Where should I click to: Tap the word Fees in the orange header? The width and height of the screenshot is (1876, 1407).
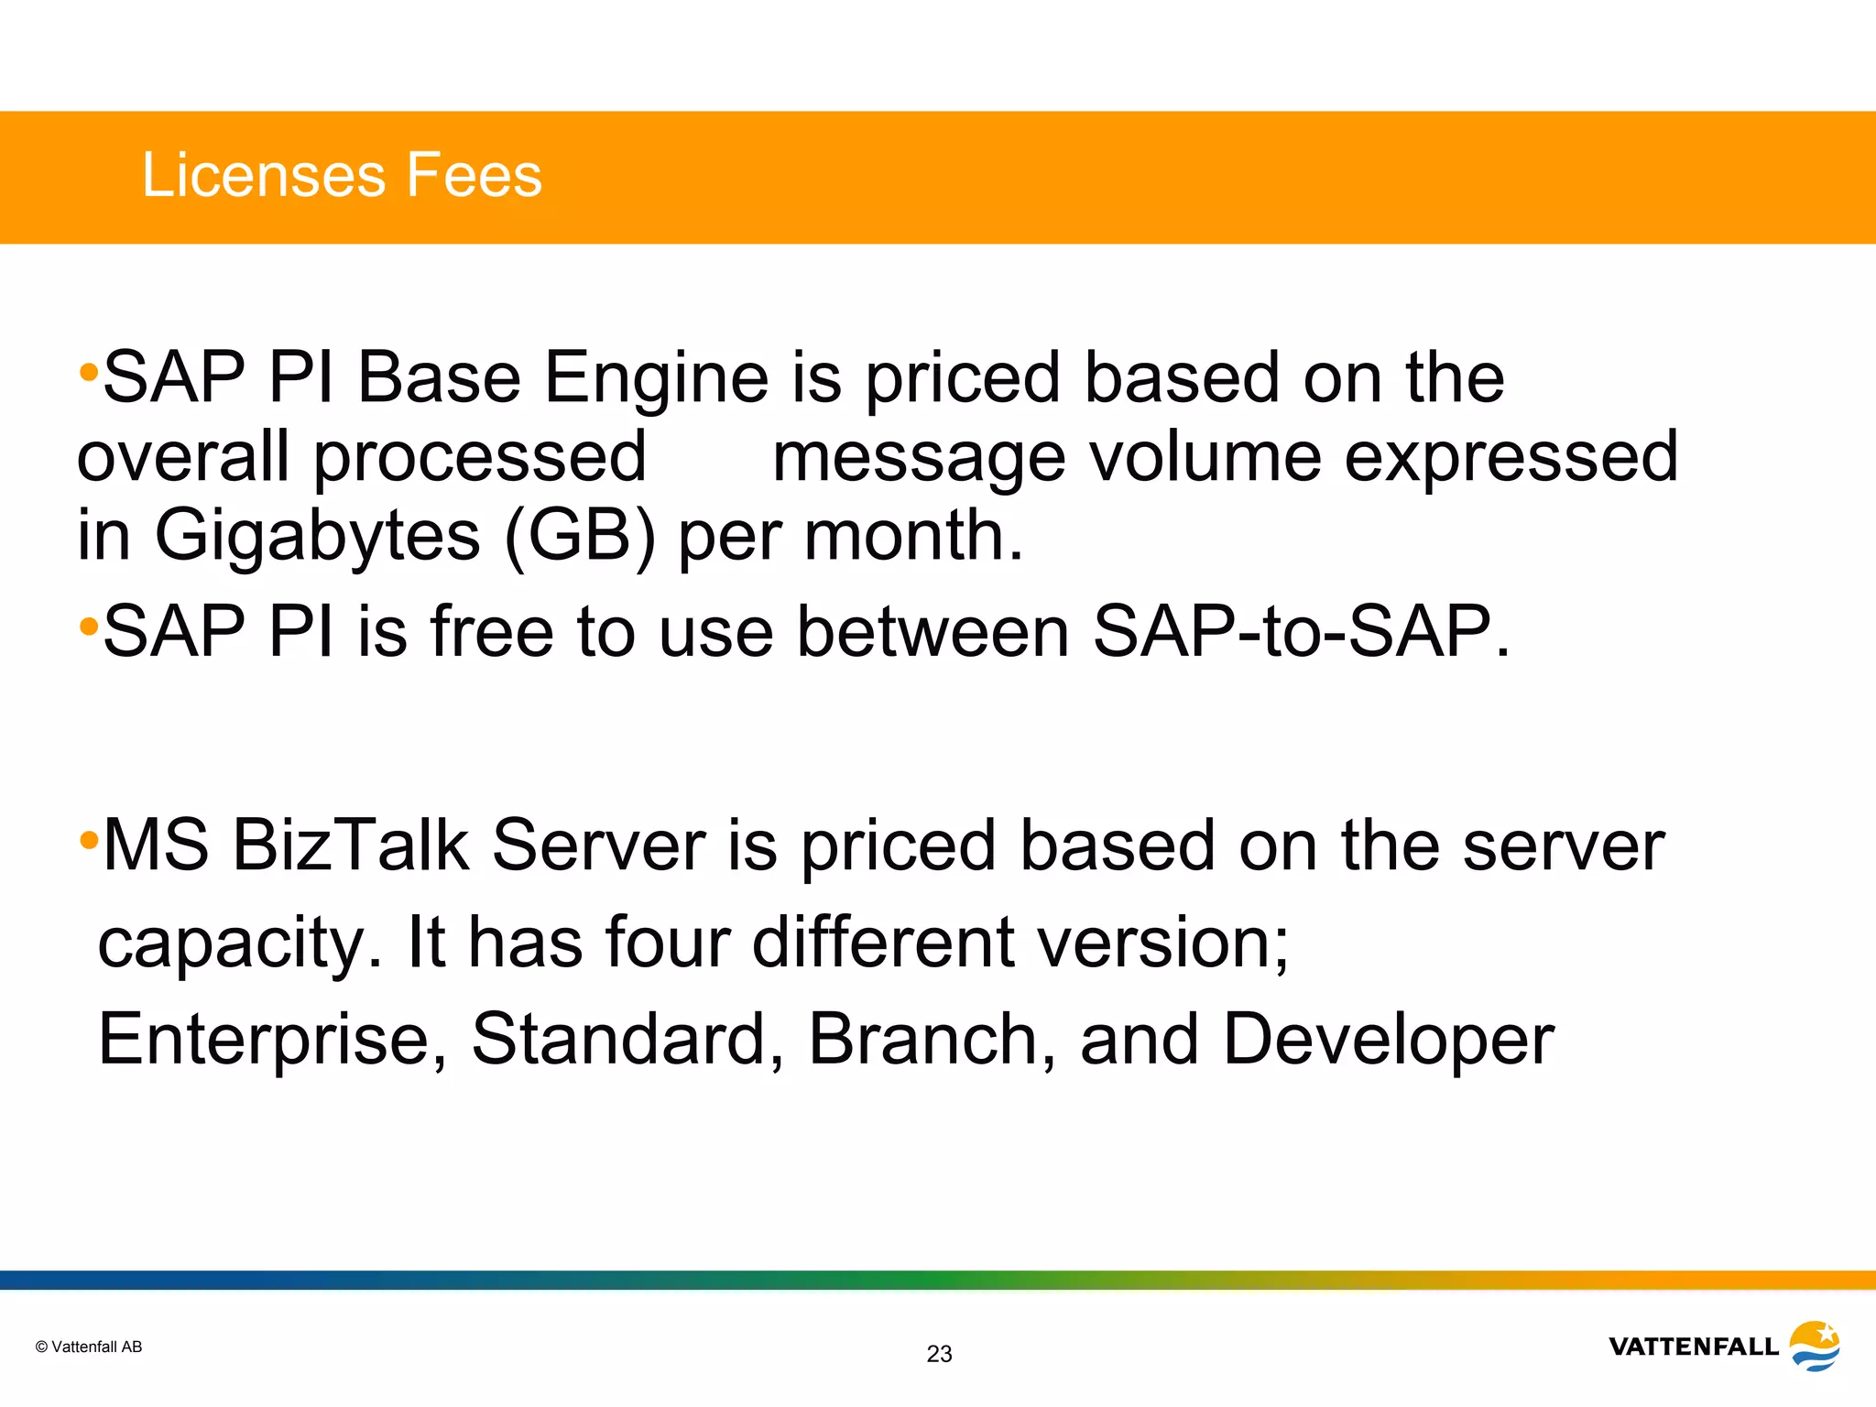tap(474, 175)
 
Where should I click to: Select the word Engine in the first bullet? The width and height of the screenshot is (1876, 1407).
tap(657, 379)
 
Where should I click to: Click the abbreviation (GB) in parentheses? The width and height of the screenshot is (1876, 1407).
tap(580, 536)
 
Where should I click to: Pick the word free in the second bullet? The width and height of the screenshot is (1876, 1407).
tap(492, 632)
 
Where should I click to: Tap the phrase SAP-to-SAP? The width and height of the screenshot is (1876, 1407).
tap(1300, 632)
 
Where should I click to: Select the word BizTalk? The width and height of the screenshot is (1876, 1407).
tap(351, 845)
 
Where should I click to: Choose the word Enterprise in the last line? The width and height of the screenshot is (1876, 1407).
tap(272, 1041)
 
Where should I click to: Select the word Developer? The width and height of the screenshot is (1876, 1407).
tap(1388, 1042)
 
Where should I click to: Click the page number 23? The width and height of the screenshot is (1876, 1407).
tap(939, 1354)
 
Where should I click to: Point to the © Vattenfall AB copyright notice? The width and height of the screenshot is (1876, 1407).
tap(89, 1347)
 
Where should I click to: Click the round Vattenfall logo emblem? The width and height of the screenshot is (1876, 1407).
tap(1814, 1346)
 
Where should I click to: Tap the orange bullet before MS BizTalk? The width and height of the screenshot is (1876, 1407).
tap(88, 839)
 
